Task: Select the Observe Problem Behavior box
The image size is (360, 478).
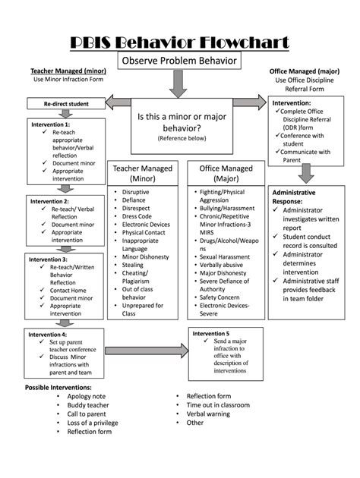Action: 178,60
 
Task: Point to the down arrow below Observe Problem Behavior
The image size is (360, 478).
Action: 178,84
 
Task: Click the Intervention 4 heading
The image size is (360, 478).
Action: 48,334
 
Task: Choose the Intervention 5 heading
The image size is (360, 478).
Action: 211,333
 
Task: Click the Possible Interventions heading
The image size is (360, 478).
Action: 58,387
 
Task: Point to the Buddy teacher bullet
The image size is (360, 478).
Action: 88,405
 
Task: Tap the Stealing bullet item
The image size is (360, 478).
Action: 133,265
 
